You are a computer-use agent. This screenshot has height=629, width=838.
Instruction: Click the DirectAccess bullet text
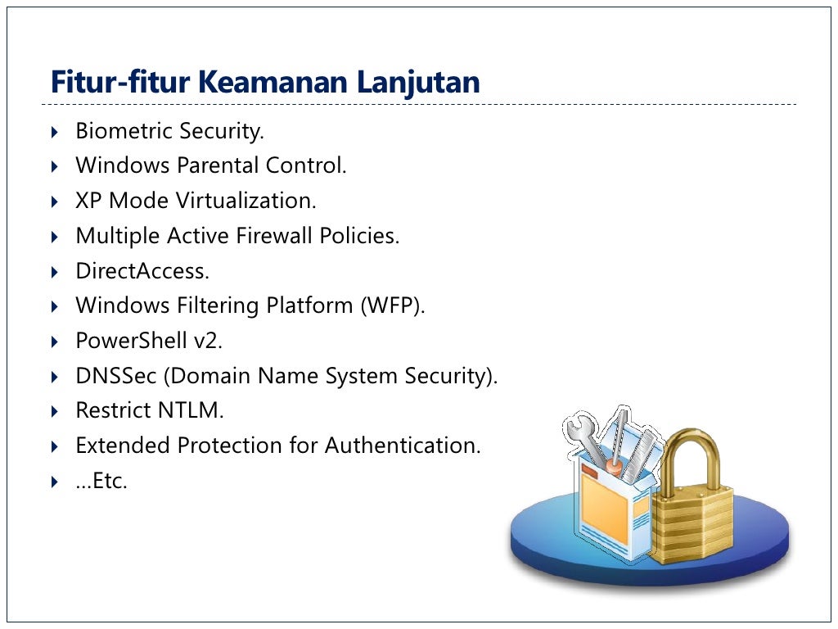pos(142,271)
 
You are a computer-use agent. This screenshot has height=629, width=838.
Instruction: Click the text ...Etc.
pos(101,481)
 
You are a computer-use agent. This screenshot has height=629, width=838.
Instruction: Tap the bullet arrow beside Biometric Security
pos(54,132)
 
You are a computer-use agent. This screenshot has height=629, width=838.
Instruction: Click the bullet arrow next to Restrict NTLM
pos(54,411)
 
